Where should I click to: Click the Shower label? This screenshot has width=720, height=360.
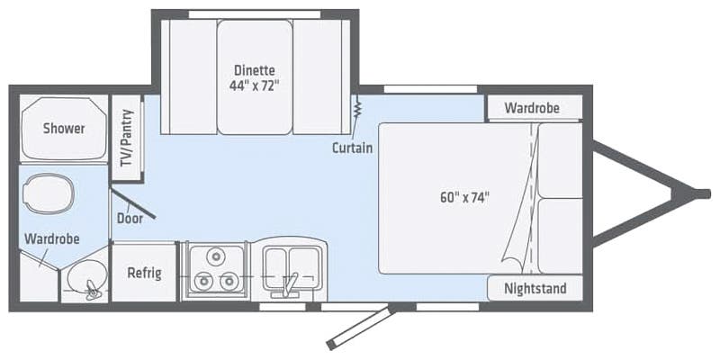click(64, 129)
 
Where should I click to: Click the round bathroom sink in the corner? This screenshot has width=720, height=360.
click(87, 284)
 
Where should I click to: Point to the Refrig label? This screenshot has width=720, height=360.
click(144, 273)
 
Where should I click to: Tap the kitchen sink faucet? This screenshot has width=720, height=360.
click(289, 285)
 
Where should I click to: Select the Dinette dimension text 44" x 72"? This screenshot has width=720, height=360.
click(255, 87)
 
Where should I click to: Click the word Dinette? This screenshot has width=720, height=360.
click(255, 70)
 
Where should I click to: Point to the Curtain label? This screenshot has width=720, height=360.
click(352, 148)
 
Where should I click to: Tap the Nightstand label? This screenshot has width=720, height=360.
click(535, 289)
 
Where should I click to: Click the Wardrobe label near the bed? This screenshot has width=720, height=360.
click(531, 108)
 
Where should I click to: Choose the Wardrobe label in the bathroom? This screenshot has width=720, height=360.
click(52, 239)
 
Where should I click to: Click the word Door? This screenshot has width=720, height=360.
click(130, 218)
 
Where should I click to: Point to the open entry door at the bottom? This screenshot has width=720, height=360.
click(360, 328)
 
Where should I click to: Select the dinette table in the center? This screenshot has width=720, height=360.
click(255, 77)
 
